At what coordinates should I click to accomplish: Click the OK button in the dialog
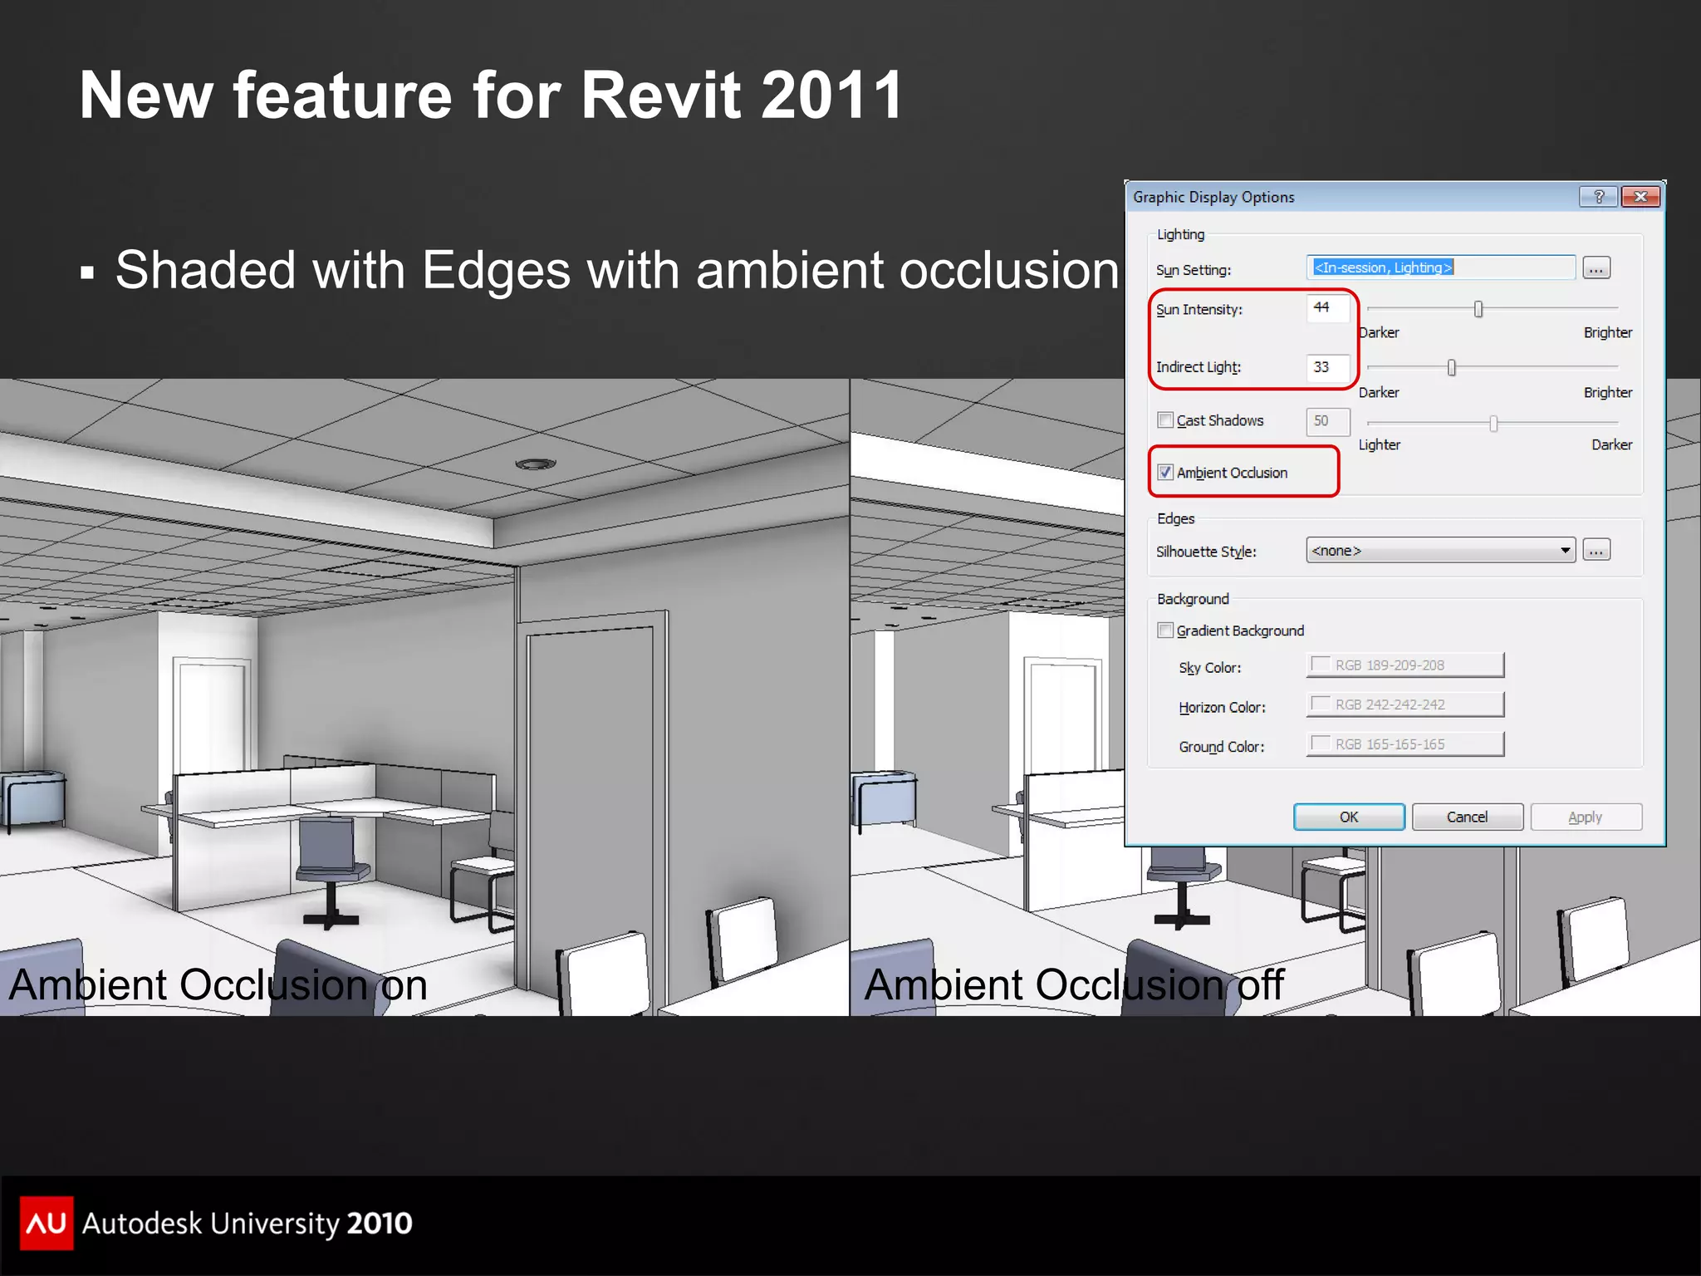point(1349,817)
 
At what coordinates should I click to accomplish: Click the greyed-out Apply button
point(1586,817)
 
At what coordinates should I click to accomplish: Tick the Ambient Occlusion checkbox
point(1166,473)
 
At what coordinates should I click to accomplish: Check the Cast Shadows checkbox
point(1166,420)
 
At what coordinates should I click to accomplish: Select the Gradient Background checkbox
point(1166,631)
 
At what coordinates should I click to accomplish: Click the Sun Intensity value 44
point(1327,308)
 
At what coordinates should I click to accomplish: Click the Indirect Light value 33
point(1327,367)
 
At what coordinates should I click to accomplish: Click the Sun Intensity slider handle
point(1478,310)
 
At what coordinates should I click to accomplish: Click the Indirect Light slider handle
point(1452,368)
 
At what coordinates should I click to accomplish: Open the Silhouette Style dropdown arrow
point(1565,550)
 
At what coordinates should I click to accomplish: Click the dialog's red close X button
point(1640,197)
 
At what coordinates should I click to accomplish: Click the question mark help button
point(1599,197)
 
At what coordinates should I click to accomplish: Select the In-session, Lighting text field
point(1440,267)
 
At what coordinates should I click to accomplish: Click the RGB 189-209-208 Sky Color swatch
point(1405,665)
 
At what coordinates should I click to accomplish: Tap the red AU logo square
point(47,1223)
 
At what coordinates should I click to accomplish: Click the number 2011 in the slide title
point(831,96)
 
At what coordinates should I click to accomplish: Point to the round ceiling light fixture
point(536,464)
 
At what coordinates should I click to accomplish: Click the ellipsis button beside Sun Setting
point(1596,268)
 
